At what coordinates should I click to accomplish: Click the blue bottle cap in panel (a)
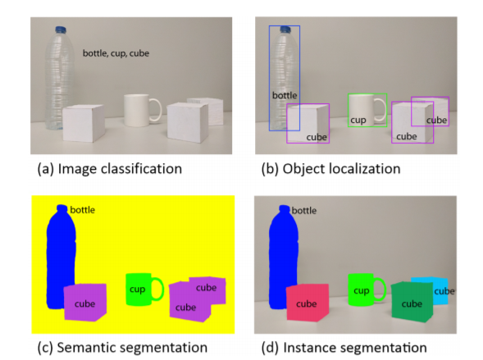point(61,30)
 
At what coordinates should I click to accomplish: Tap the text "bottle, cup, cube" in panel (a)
point(116,53)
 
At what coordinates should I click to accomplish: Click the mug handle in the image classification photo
point(156,110)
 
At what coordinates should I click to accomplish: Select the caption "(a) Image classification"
point(110,169)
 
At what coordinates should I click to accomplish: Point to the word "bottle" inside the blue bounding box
point(285,95)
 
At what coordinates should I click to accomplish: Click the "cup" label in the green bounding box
point(358,120)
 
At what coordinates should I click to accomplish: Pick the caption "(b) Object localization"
point(330,169)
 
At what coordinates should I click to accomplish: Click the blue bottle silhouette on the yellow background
point(61,257)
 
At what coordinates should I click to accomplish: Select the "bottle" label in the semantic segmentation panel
point(83,210)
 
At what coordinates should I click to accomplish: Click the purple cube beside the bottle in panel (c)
point(85,303)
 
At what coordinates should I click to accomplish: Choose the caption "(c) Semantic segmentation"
point(122,348)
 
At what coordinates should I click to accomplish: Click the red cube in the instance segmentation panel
point(308,303)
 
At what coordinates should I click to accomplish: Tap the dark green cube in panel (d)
point(412,302)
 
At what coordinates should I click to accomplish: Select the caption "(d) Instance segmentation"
point(344,348)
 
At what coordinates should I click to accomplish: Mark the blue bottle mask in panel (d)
point(284,257)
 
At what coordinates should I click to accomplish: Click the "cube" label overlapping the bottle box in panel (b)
point(317,137)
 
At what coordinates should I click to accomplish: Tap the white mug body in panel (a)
point(137,110)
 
